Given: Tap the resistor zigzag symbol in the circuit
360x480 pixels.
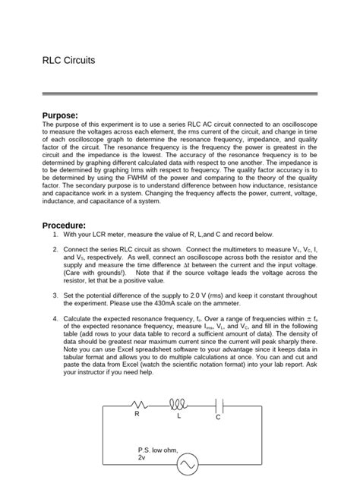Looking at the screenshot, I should click(140, 406).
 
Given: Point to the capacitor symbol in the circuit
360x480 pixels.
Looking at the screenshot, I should click(219, 406).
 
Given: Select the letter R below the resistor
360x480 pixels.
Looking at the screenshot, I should click(137, 415).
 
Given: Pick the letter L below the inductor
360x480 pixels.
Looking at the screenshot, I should click(178, 416).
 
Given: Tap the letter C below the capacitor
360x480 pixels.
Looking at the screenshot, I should click(217, 418).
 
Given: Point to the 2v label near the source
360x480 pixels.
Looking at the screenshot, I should click(142, 459).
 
